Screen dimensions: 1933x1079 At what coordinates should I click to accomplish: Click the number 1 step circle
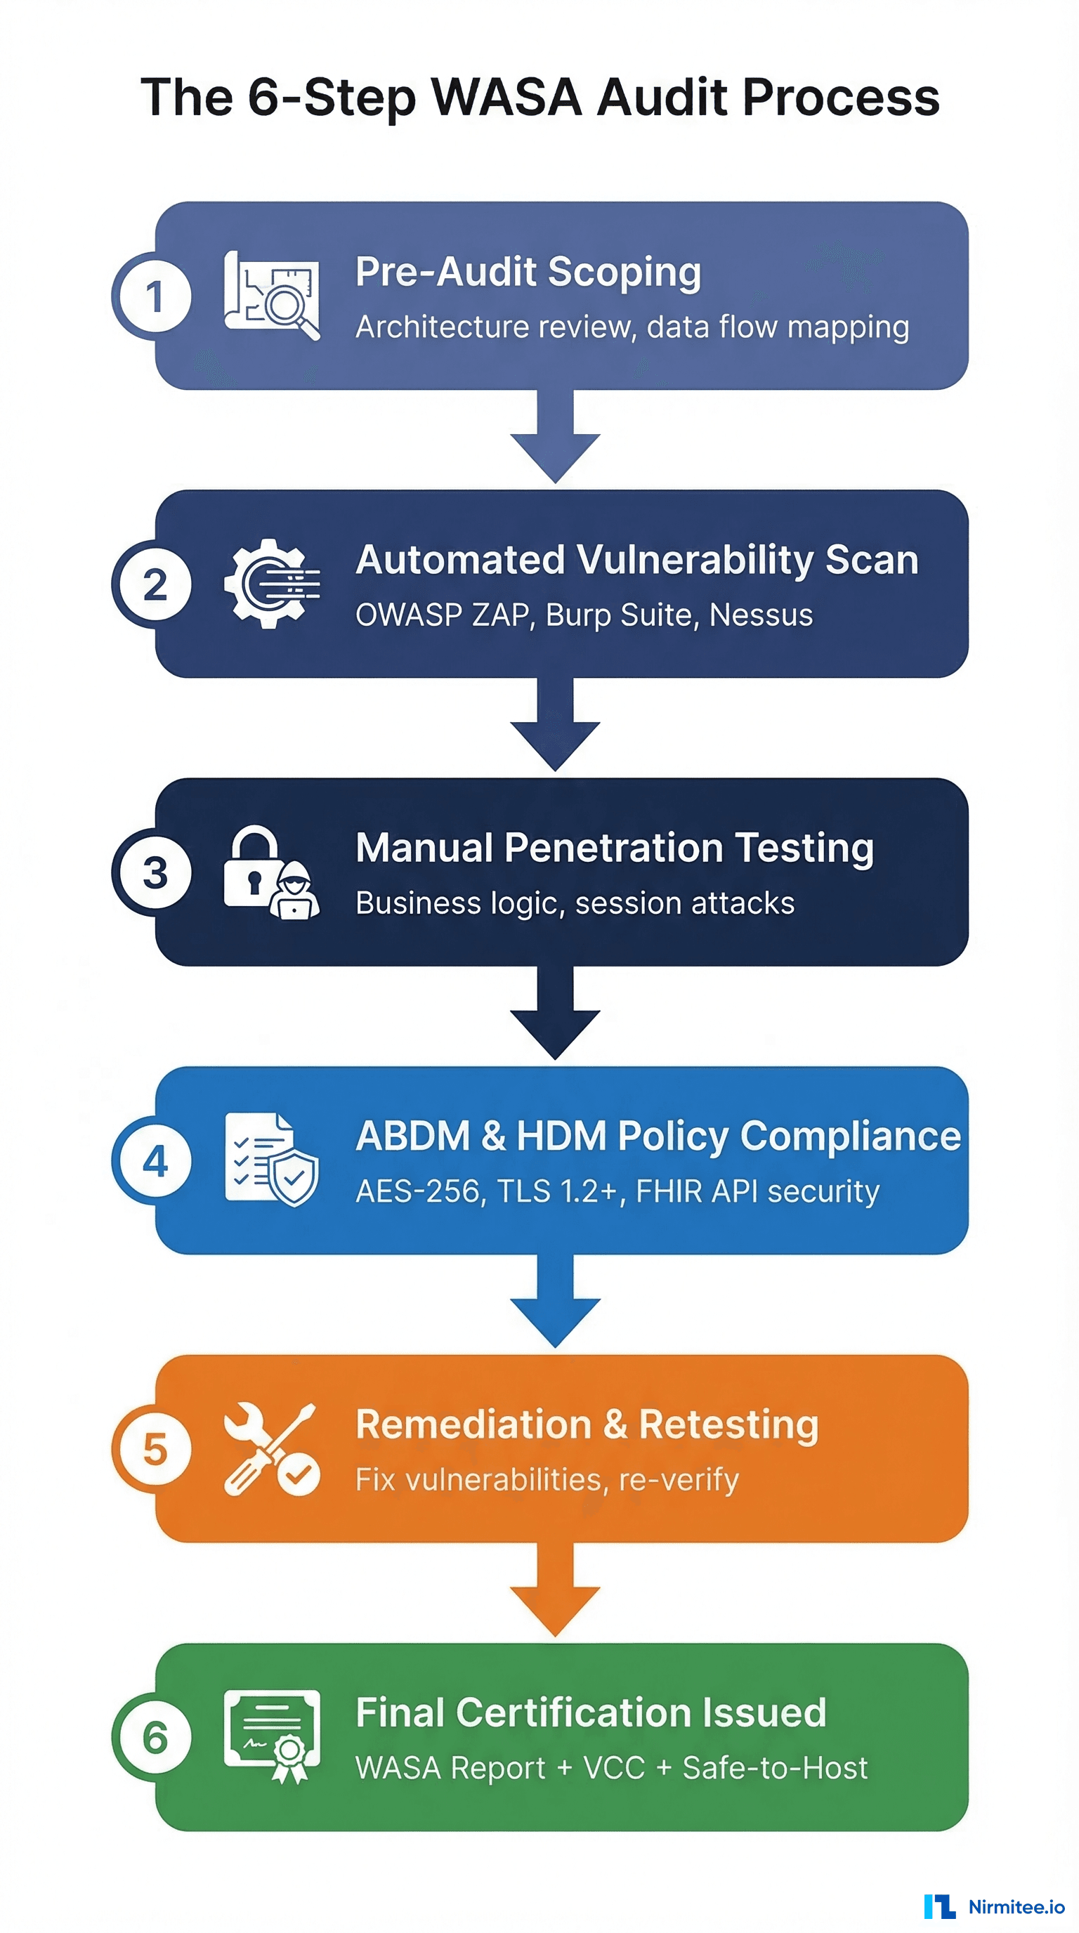pyautogui.click(x=155, y=296)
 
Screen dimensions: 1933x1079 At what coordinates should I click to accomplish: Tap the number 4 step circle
pyautogui.click(x=155, y=1160)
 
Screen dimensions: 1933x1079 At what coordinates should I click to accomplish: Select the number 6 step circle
pyautogui.click(x=155, y=1736)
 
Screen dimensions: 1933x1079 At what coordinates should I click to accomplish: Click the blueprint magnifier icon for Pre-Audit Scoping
pyautogui.click(x=273, y=296)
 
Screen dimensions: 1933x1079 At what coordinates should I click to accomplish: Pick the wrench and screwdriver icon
pyautogui.click(x=271, y=1448)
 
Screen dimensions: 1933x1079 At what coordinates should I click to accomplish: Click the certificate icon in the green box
pyautogui.click(x=272, y=1734)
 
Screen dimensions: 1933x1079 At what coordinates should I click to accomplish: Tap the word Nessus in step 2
pyautogui.click(x=761, y=615)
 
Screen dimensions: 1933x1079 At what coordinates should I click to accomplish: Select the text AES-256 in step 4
pyautogui.click(x=417, y=1191)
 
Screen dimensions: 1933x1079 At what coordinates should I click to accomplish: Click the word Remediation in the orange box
pyautogui.click(x=473, y=1424)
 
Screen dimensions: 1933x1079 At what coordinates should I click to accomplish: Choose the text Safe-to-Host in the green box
pyautogui.click(x=774, y=1767)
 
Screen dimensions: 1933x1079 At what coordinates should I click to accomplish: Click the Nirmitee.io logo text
pyautogui.click(x=1016, y=1906)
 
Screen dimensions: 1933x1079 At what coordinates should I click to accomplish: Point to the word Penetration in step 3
pyautogui.click(x=613, y=847)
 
